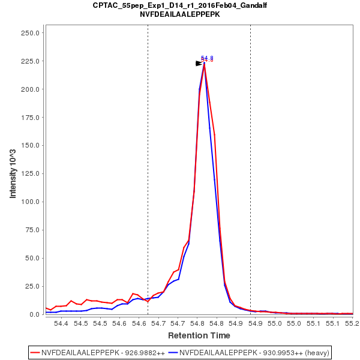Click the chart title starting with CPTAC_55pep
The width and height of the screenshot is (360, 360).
[x=180, y=5]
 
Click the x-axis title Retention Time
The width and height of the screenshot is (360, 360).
[x=199, y=335]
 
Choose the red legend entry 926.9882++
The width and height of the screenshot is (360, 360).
[x=100, y=352]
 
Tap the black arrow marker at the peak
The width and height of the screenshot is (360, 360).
[x=199, y=63]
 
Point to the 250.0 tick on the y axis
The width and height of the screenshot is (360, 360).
[x=31, y=33]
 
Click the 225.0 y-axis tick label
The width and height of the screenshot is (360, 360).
[x=31, y=61]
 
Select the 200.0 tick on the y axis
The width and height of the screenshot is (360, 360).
[x=31, y=89]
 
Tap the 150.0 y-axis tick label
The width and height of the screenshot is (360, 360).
[x=31, y=145]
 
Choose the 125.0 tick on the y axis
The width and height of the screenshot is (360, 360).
[x=31, y=173]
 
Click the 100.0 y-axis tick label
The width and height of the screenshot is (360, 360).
[x=31, y=202]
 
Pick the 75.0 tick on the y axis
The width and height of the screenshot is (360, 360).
[x=32, y=230]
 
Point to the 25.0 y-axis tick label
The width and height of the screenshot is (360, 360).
[x=32, y=286]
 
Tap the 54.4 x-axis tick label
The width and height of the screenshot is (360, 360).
[x=61, y=323]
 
